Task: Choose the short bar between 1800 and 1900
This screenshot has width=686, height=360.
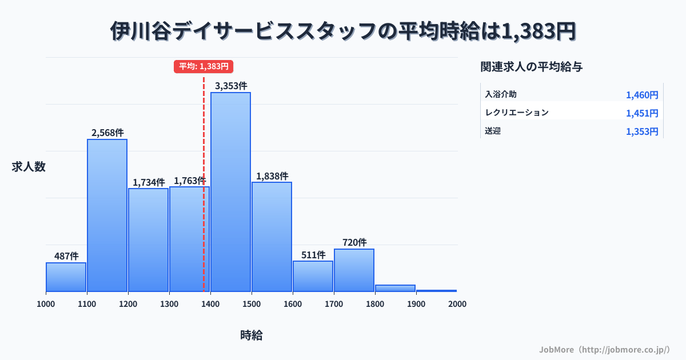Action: coord(395,288)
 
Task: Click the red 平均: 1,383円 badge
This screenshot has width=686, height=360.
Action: coord(204,66)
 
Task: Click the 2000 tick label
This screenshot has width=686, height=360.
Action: coord(457,304)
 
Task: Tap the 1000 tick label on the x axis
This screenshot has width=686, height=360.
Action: coord(46,304)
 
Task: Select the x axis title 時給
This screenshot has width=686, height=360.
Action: coord(252,335)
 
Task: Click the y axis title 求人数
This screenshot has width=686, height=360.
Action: coord(29,167)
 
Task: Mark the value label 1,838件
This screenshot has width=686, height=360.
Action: coord(272,176)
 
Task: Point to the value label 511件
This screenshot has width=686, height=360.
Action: coord(313,255)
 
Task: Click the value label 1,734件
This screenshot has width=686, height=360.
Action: coord(149,182)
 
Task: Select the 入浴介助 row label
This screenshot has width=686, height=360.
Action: coord(501,94)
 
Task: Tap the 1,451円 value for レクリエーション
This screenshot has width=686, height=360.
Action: coord(642,113)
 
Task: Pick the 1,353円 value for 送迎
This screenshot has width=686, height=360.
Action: coord(642,131)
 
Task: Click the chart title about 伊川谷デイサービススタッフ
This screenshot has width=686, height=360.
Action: coord(343,31)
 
